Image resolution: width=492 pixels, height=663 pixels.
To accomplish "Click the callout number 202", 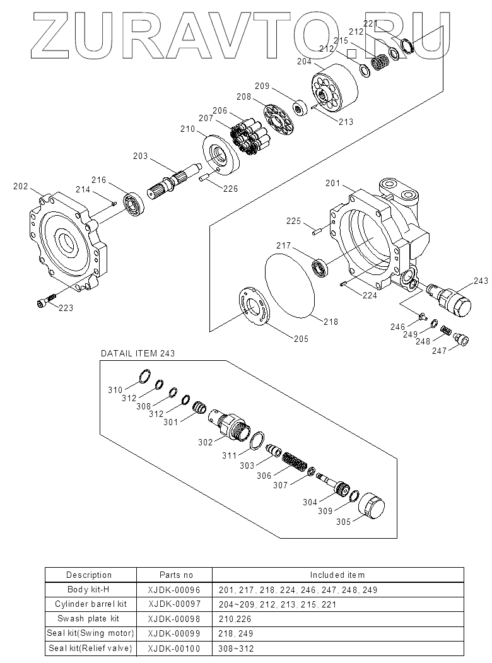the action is [20, 187].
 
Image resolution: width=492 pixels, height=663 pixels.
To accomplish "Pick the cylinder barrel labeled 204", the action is [335, 87].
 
